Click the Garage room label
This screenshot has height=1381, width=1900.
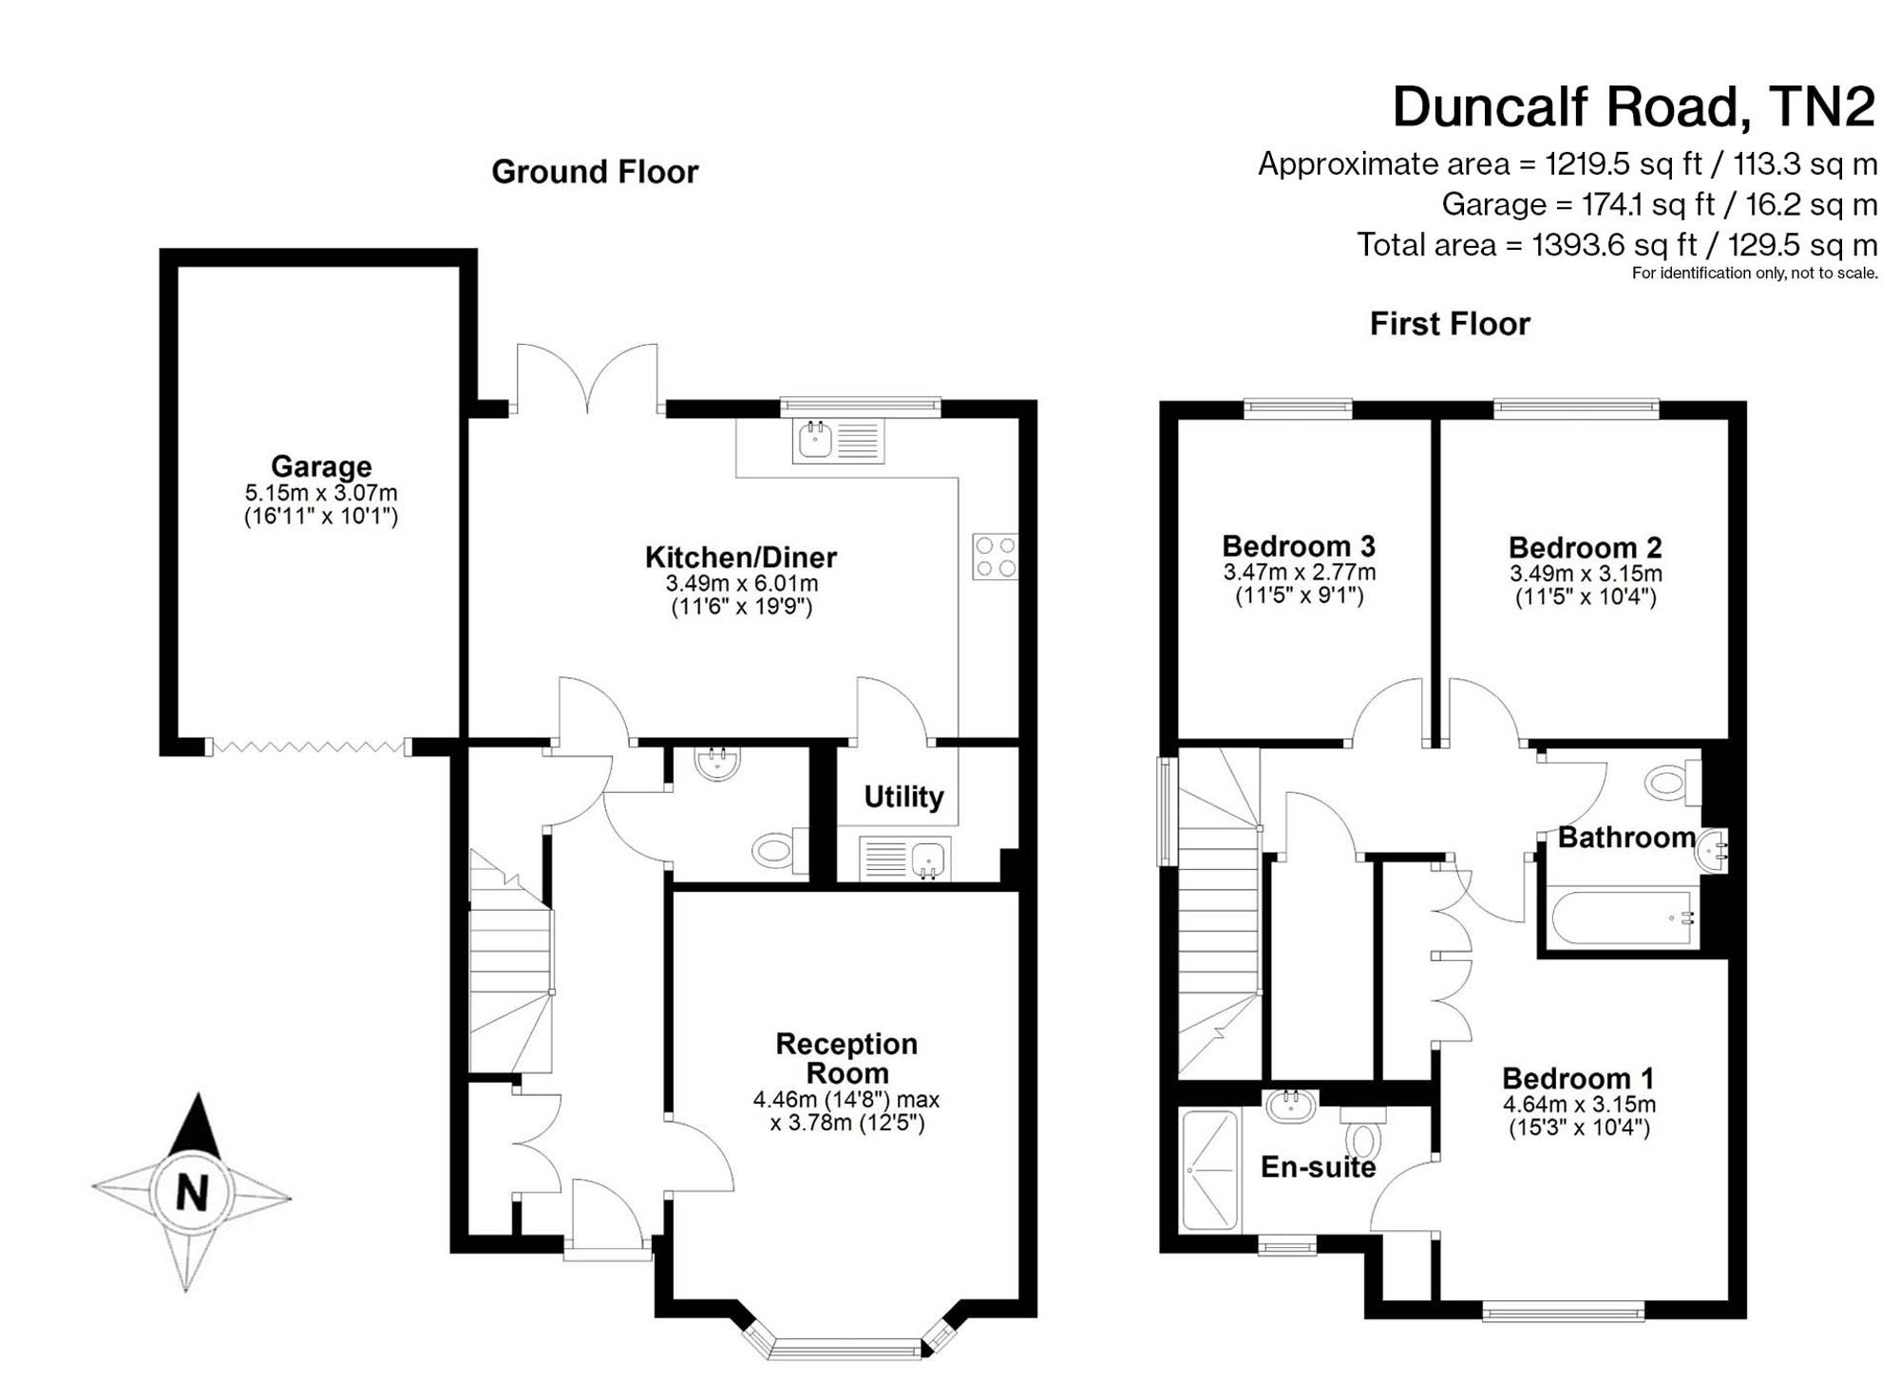click(x=321, y=466)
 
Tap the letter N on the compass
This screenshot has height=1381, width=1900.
click(x=193, y=1193)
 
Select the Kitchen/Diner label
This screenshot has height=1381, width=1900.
click(x=741, y=557)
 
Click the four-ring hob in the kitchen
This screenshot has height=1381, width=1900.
click(x=995, y=557)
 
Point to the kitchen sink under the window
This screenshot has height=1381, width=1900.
click(x=838, y=441)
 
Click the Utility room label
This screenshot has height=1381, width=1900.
click(x=903, y=797)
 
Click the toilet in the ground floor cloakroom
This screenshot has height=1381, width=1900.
click(x=779, y=850)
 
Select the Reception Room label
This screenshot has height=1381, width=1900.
click(x=846, y=1058)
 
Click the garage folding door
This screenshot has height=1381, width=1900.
click(x=310, y=747)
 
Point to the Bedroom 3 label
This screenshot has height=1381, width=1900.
click(x=1299, y=546)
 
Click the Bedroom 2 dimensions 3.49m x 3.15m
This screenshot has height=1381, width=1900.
click(x=1586, y=574)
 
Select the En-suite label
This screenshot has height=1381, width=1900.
click(x=1318, y=1167)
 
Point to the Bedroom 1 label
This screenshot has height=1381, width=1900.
click(x=1578, y=1079)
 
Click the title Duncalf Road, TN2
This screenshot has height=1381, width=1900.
click(x=1634, y=106)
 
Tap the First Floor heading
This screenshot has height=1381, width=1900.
click(x=1450, y=324)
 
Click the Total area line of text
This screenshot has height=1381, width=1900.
click(x=1617, y=245)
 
